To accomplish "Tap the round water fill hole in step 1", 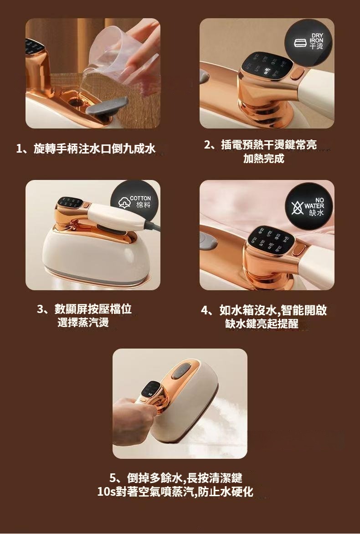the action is pos(76,101).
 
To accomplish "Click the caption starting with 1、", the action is pos(86,149).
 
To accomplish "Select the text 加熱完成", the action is pos(263,159).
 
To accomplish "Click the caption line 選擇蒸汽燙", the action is pos(83,322).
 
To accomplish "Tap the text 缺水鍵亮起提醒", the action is pos(262,323).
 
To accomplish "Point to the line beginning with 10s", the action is pos(175,492).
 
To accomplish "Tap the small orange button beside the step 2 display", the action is pos(297,73).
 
